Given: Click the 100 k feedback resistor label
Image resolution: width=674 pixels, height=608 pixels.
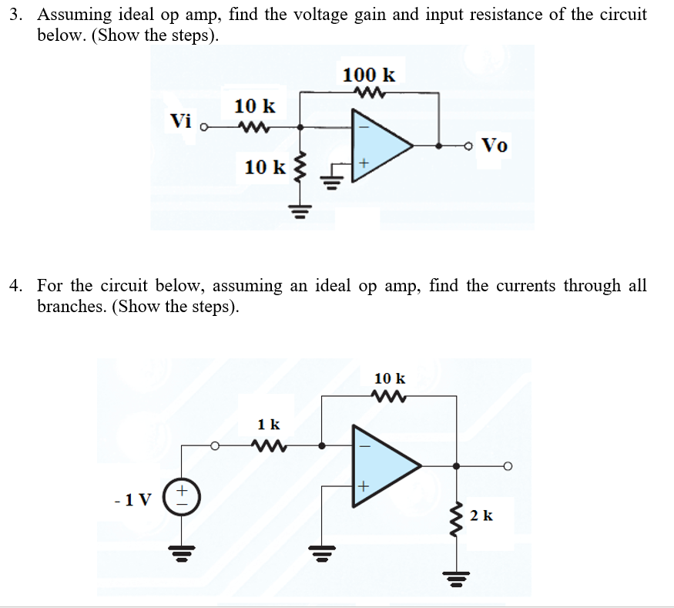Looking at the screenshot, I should [368, 75].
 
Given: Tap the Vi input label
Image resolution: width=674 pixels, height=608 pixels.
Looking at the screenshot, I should [181, 121].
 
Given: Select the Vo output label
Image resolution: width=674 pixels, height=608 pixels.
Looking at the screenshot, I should [494, 145].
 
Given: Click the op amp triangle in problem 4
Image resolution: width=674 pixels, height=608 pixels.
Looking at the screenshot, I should [383, 465].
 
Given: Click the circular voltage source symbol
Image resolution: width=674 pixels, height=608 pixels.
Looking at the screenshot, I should [183, 492].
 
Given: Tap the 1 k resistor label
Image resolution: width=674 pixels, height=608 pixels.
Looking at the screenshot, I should [269, 424].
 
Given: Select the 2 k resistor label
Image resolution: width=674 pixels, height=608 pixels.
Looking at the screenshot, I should [481, 515].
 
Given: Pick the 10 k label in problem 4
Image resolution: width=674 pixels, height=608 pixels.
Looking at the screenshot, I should [389, 378].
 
